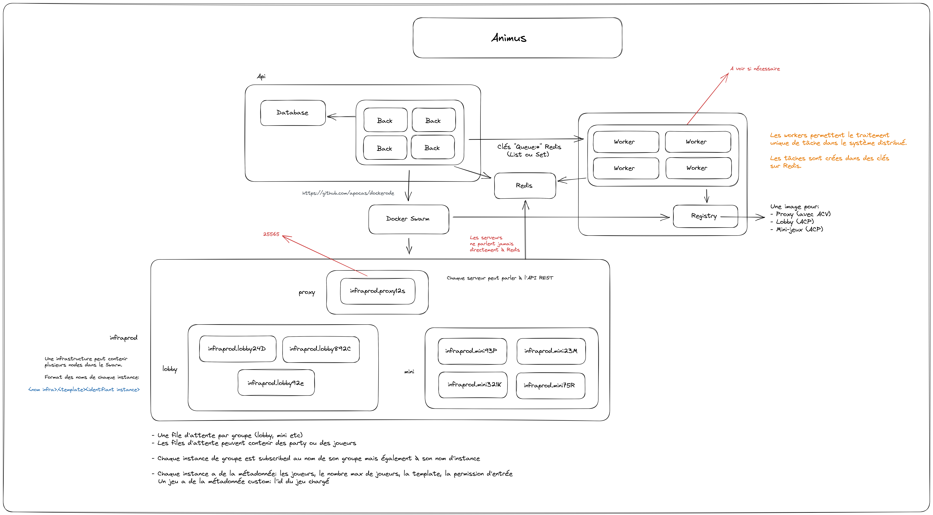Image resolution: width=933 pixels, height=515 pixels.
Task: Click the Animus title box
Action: tap(517, 38)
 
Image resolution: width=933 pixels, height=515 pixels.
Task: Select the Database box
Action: tap(293, 113)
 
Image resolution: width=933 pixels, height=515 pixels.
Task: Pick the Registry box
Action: tap(705, 216)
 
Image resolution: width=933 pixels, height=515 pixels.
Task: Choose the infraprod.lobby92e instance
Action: tap(276, 383)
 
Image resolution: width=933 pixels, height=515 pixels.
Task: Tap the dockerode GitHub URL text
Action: tap(348, 193)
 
